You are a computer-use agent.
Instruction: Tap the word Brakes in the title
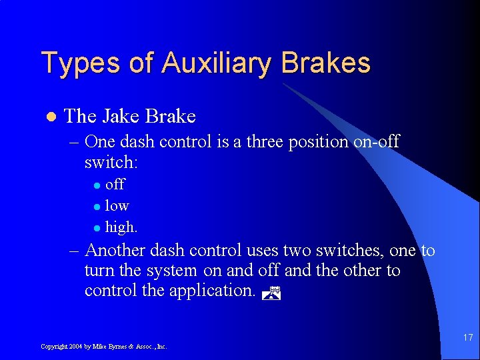coord(326,63)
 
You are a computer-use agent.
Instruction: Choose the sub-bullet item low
coord(117,206)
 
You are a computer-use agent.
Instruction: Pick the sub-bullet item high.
coord(121,227)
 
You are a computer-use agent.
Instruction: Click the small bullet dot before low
coord(97,207)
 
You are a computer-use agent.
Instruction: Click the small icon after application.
coord(272,291)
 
